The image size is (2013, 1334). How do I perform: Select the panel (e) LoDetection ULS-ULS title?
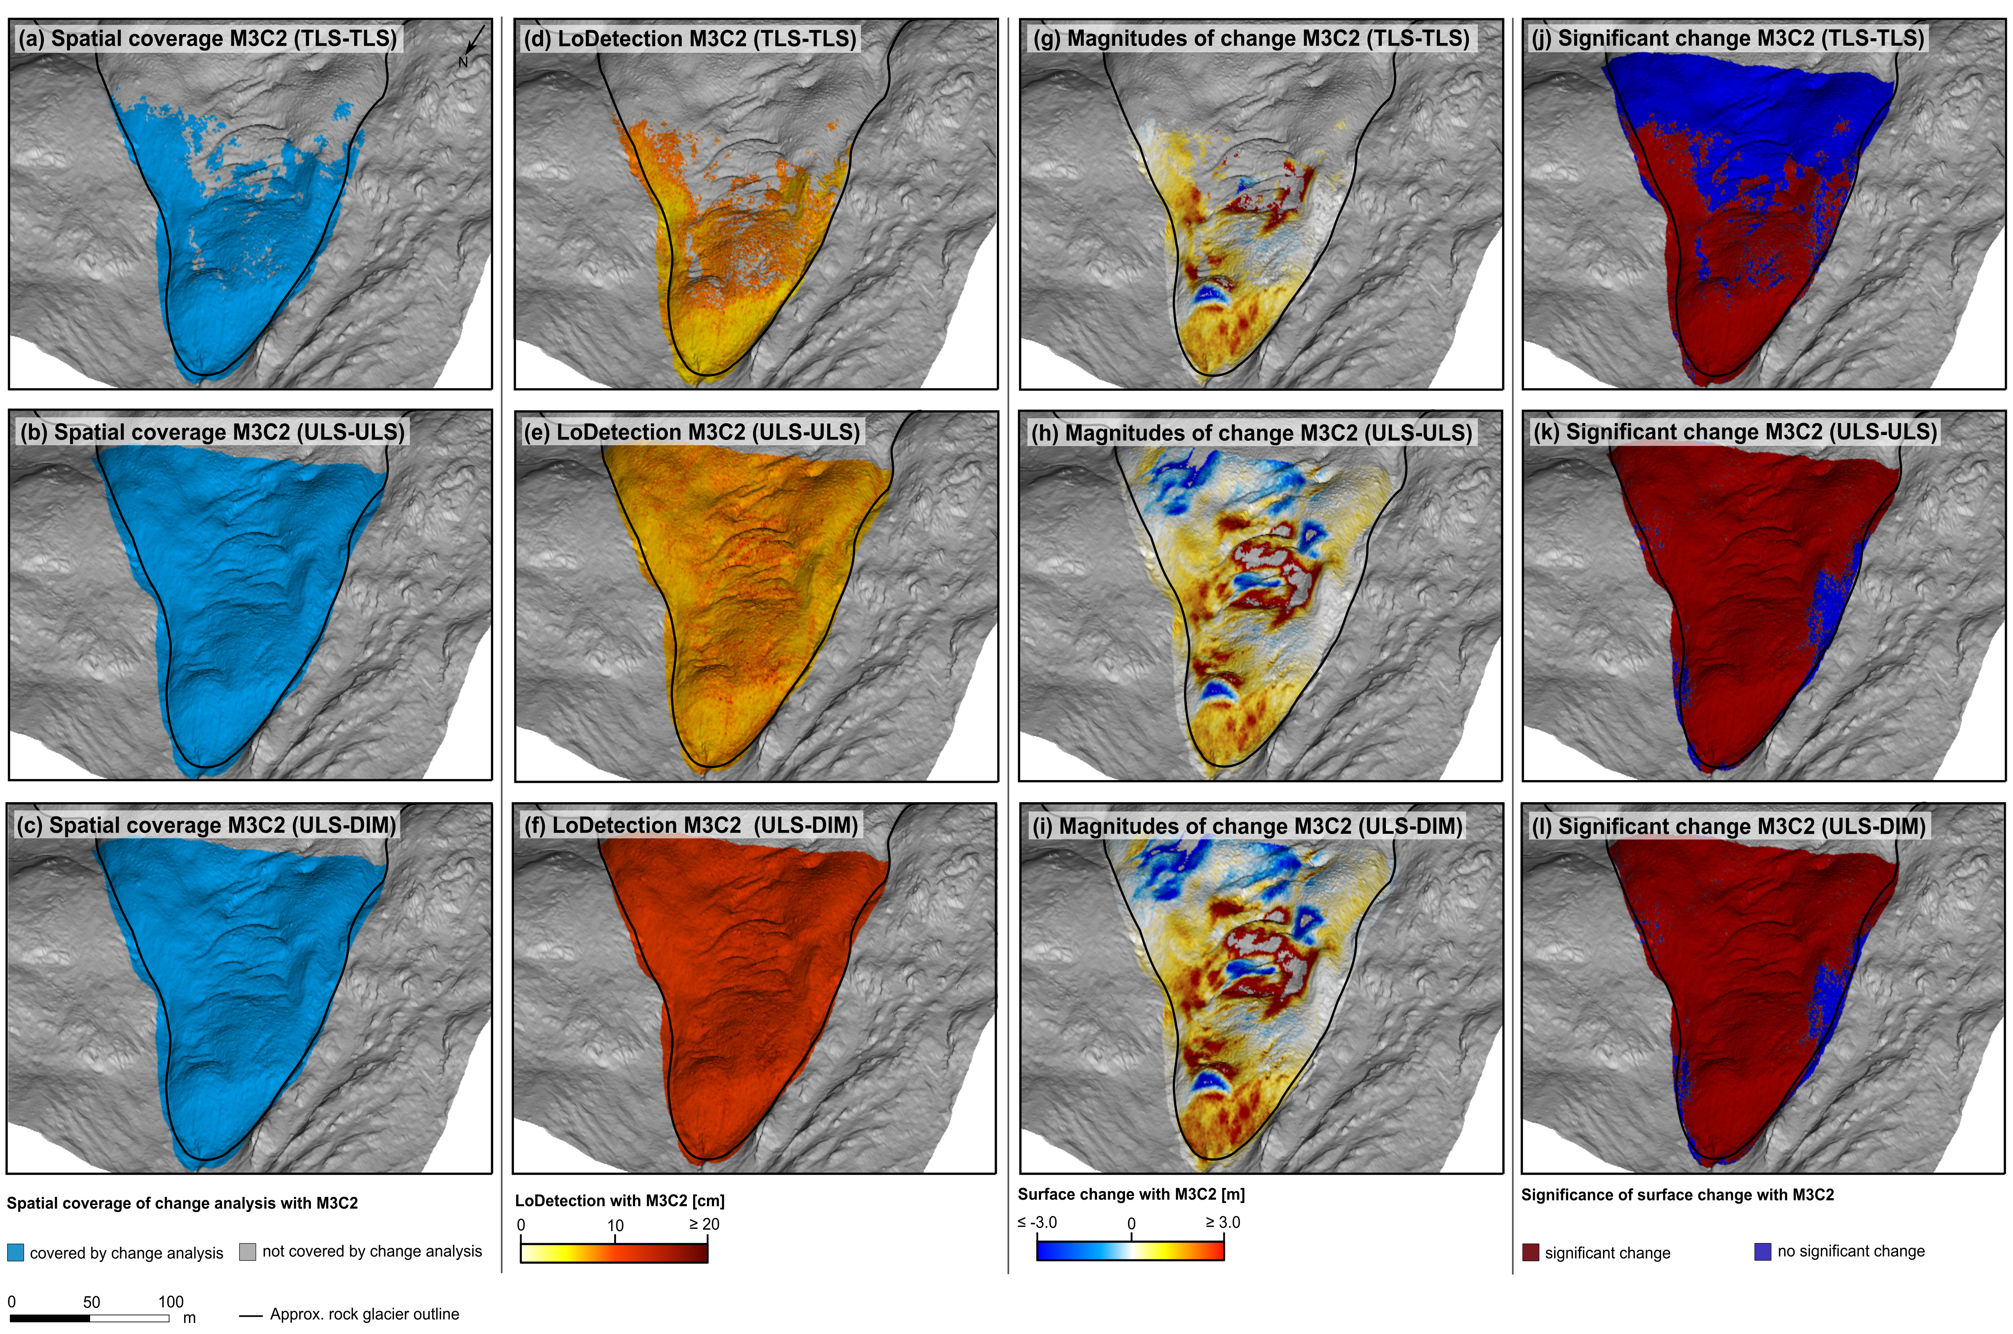pos(691,432)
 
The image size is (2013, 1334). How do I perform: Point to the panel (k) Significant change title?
pos(1735,432)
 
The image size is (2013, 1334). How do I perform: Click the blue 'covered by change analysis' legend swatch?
pos(16,1252)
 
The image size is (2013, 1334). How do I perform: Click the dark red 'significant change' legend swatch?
pos(1531,1252)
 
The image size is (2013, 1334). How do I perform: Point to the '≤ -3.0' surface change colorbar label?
pos(1037,1223)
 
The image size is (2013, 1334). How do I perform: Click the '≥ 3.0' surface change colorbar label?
pos(1222,1223)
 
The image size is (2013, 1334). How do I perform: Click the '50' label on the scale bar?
pos(91,1302)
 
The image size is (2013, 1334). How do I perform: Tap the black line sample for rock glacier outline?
pos(250,1315)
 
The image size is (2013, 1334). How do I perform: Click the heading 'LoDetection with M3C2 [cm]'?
pos(620,1201)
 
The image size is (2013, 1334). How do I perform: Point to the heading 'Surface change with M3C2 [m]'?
pos(1131,1194)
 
